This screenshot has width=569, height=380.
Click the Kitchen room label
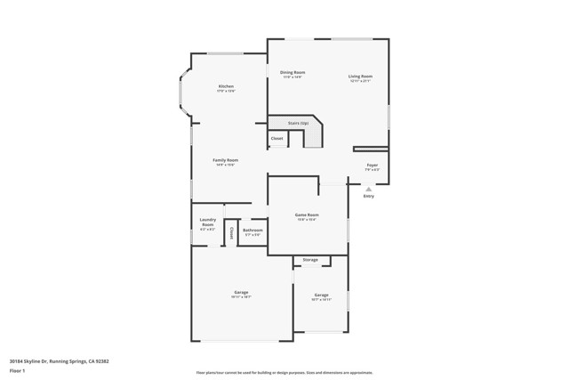click(226, 86)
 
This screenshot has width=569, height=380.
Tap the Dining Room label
click(293, 72)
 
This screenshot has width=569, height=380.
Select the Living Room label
click(360, 77)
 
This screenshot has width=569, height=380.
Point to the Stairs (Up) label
click(297, 123)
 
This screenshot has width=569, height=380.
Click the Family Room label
click(225, 160)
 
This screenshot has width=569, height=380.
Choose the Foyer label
click(373, 166)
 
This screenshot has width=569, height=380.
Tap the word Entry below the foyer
click(368, 196)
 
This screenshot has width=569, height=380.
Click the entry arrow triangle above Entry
click(368, 189)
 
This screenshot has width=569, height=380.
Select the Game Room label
click(307, 214)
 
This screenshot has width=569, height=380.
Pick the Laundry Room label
click(207, 222)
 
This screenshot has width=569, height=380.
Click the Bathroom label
click(252, 230)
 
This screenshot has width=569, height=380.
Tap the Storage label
click(310, 260)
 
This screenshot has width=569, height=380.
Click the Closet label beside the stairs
click(276, 139)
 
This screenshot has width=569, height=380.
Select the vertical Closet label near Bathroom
click(231, 232)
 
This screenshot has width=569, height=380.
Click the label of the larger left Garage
click(241, 293)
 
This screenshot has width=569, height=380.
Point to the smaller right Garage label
click(321, 295)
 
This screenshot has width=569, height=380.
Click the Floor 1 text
click(18, 370)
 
